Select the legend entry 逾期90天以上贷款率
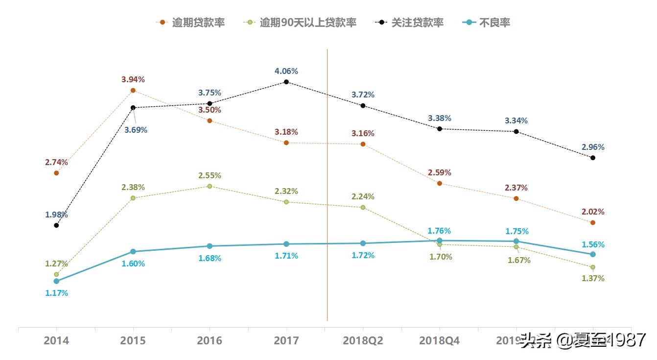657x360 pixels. coord(301,23)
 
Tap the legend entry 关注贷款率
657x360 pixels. coord(410,23)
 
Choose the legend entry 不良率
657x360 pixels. coord(487,23)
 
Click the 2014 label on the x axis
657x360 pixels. coord(56,341)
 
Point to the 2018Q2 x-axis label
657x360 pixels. coord(363,341)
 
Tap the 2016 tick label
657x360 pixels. coord(210,341)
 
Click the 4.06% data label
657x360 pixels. coord(286,71)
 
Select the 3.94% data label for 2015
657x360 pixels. coord(133,79)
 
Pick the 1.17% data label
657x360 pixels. coord(56,293)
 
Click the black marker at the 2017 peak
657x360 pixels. coord(286,82)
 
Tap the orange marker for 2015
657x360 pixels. coord(133,90)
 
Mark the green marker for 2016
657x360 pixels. coord(210,186)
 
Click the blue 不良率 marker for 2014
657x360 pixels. coord(56,281)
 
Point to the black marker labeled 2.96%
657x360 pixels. coord(593,158)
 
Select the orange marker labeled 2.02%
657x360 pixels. coord(593,222)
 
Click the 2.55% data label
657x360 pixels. coord(210,175)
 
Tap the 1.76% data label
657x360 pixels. coord(439,231)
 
